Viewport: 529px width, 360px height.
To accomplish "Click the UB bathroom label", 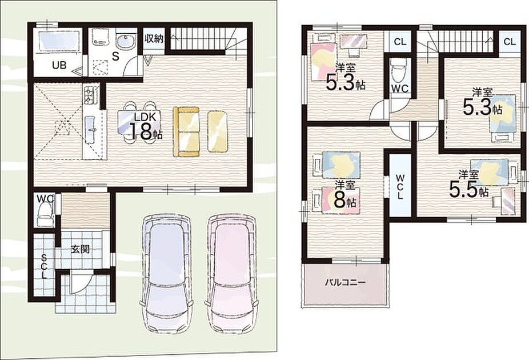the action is (x=59, y=65).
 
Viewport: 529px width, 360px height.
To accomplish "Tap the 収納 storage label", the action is (x=154, y=38).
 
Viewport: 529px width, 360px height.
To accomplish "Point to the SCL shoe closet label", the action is (x=44, y=266).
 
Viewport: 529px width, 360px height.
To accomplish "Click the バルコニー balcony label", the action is (x=345, y=282).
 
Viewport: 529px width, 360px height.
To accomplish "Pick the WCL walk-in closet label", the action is (x=400, y=186).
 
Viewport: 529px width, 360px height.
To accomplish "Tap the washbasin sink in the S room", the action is (x=126, y=42).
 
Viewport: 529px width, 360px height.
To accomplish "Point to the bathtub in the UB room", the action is (x=59, y=41).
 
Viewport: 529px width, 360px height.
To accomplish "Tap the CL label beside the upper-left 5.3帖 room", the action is (x=400, y=42).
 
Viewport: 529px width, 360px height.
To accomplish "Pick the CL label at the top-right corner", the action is (x=510, y=42).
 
